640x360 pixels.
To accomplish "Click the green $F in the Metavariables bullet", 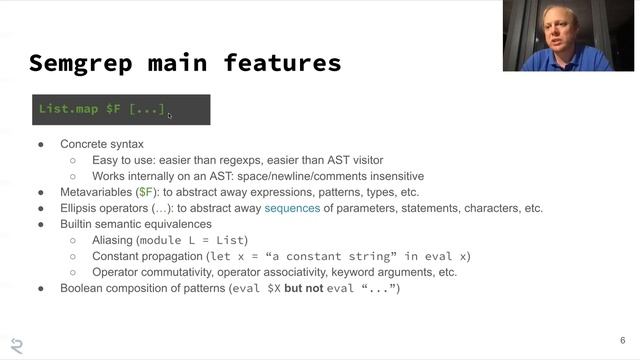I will pyautogui.click(x=146, y=192).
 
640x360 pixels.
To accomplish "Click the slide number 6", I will pyautogui.click(x=621, y=339).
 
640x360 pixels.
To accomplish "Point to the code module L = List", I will pyautogui.click(x=194, y=240).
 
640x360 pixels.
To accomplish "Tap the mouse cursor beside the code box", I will pyautogui.click(x=170, y=116).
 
